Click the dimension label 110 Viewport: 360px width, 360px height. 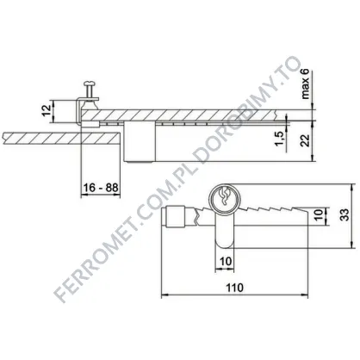(x=234, y=288)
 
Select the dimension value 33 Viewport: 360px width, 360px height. (x=344, y=214)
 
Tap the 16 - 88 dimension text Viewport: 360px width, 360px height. (x=101, y=188)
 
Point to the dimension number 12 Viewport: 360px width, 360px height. (x=47, y=110)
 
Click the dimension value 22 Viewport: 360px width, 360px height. (x=307, y=140)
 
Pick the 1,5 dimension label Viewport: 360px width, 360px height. (x=279, y=138)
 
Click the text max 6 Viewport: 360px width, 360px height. (x=305, y=84)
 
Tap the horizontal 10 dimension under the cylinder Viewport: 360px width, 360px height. (x=226, y=262)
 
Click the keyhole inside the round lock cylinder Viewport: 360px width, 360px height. (x=224, y=196)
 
